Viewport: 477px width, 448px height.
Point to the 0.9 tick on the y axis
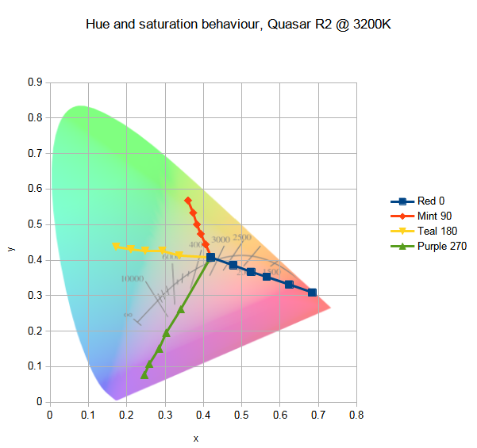(36, 82)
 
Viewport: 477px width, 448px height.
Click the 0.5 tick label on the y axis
(36, 224)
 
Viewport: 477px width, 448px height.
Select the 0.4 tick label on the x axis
(203, 414)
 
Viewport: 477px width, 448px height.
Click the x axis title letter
(195, 438)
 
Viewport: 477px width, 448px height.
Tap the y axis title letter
(10, 248)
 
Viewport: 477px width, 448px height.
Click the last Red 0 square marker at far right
(312, 293)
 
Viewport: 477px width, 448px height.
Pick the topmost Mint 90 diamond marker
(187, 200)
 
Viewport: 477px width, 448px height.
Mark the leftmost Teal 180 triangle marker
(116, 246)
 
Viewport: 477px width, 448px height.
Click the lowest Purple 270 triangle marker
(144, 375)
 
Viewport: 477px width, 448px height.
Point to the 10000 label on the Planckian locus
(132, 279)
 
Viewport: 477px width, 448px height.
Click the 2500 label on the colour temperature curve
(242, 237)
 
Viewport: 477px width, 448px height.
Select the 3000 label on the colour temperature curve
(220, 239)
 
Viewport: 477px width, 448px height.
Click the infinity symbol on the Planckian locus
(127, 315)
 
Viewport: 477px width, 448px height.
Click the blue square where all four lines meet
(210, 258)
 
